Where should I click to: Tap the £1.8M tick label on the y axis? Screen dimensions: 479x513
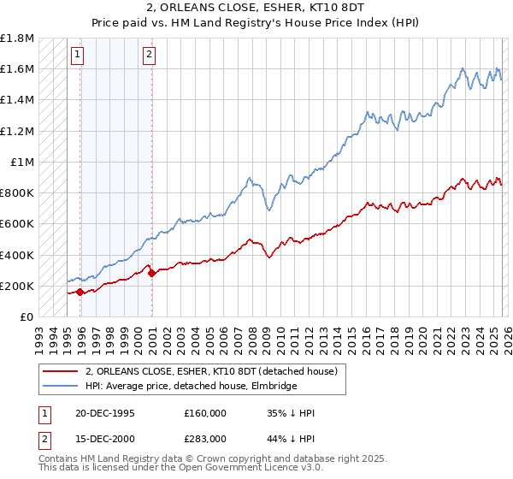pyautogui.click(x=17, y=38)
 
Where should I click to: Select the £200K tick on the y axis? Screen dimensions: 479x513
pyautogui.click(x=17, y=286)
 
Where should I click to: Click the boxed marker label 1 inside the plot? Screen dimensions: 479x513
pyautogui.click(x=78, y=56)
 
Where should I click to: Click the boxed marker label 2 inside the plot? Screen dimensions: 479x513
pyautogui.click(x=149, y=56)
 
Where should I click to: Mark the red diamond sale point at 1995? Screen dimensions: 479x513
pyautogui.click(x=80, y=292)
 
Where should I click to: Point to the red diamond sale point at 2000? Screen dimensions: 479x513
pyautogui.click(x=151, y=273)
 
